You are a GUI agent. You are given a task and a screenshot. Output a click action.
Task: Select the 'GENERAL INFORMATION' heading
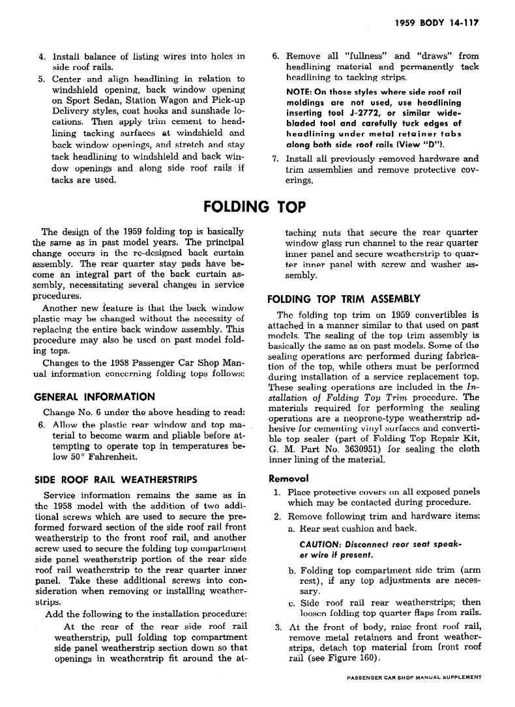(95, 396)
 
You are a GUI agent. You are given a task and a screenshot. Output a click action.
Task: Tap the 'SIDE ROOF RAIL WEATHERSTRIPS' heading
(115, 480)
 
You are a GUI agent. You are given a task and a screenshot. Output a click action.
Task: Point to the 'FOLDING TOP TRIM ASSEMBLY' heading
(344, 299)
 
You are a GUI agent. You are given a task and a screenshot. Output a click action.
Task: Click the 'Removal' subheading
(289, 478)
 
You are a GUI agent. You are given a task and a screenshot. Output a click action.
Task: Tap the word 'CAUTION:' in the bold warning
(319, 545)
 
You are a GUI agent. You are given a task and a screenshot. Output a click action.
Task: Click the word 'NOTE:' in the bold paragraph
(300, 92)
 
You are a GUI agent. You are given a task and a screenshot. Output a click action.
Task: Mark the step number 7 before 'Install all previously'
(275, 158)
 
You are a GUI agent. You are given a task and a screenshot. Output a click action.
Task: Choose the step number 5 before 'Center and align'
(40, 79)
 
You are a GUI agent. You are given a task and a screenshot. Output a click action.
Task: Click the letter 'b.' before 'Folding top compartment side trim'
(292, 571)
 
